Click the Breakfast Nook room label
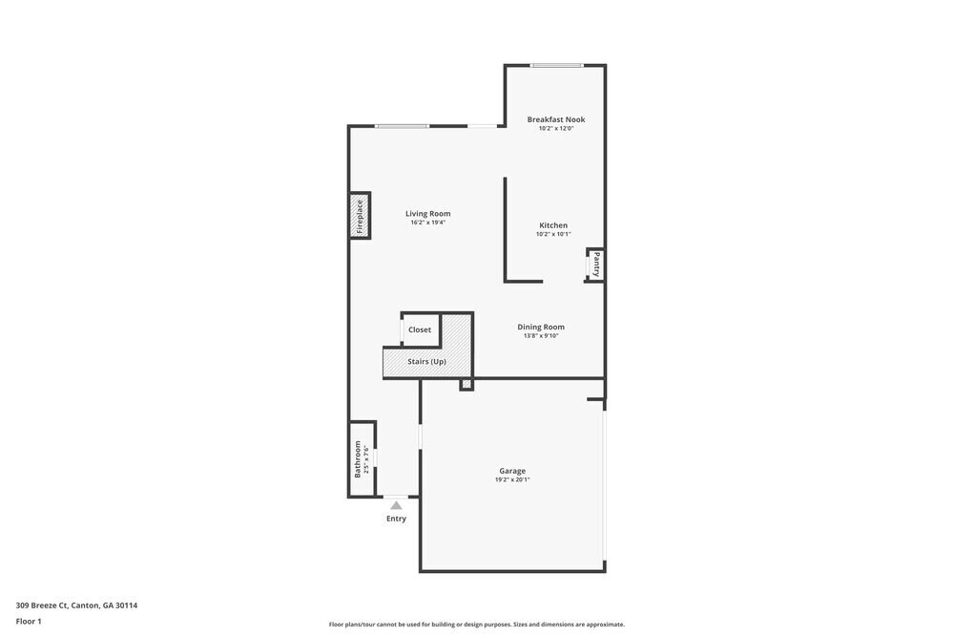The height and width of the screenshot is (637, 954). [556, 119]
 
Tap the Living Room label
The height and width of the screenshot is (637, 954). [427, 214]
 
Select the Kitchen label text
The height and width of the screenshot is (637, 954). [553, 225]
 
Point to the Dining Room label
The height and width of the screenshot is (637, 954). [541, 327]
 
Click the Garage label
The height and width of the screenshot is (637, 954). [512, 471]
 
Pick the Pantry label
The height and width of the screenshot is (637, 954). [596, 264]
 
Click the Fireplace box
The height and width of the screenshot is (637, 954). [360, 216]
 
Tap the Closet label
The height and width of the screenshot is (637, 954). [420, 329]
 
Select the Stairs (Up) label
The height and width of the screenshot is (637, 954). [426, 362]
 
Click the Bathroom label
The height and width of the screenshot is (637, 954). [359, 458]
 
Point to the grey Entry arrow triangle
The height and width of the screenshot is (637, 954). [396, 505]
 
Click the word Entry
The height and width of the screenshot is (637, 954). [396, 519]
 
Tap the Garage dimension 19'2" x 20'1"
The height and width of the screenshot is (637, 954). [512, 479]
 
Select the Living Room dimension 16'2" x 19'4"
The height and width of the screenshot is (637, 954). [427, 223]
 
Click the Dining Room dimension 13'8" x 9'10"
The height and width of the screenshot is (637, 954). [541, 335]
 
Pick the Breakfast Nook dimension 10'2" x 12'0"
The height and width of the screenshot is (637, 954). [556, 128]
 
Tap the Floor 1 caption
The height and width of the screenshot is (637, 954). [29, 621]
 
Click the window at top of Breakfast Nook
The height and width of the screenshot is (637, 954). [557, 65]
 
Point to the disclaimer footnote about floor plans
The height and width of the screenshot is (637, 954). [477, 625]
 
